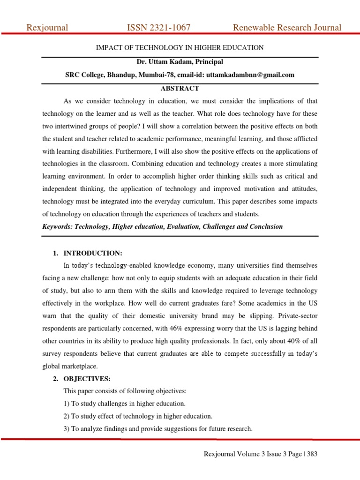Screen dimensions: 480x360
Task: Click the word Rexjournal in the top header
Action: pos(47,28)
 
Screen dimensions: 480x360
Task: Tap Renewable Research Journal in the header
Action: pos(287,28)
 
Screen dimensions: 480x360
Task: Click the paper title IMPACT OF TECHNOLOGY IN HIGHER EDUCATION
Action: pos(180,48)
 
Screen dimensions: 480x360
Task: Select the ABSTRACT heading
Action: pos(180,88)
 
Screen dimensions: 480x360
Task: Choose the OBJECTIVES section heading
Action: pos(89,379)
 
